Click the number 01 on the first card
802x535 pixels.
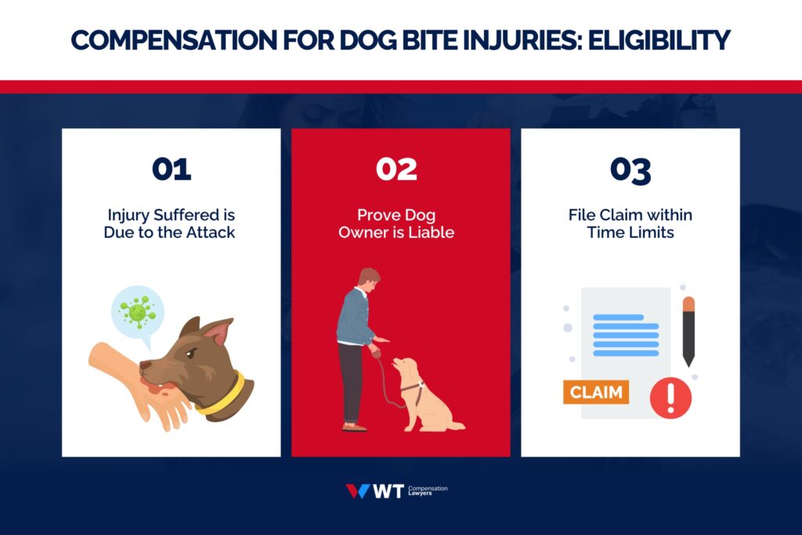click(x=171, y=170)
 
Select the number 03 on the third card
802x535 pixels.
click(x=630, y=170)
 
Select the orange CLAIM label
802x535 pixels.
click(x=596, y=392)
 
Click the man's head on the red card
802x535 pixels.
click(x=368, y=278)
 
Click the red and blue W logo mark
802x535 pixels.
click(x=357, y=491)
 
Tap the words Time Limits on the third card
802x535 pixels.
click(x=630, y=232)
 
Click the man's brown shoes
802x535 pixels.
click(x=354, y=428)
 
